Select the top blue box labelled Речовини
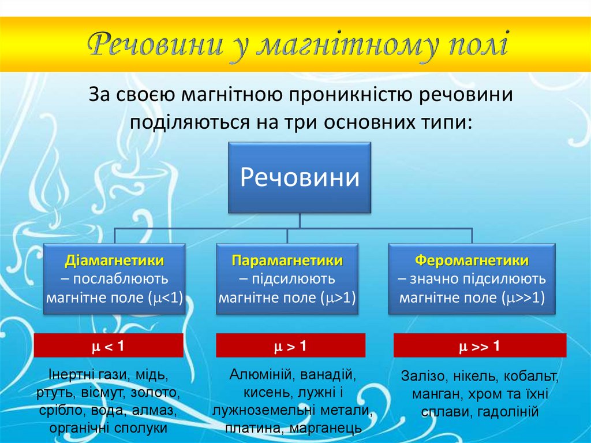[299, 177]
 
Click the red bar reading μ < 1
[109, 346]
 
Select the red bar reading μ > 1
[290, 347]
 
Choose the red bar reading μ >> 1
[480, 347]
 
